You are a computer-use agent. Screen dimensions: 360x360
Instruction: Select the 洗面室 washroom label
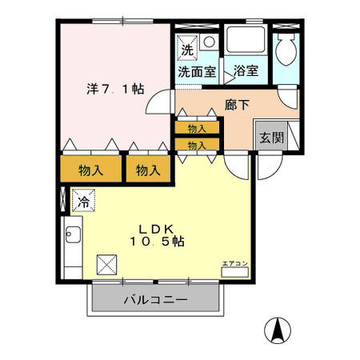pyautogui.click(x=196, y=71)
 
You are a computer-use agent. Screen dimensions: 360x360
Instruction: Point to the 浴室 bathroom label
pyautogui.click(x=246, y=71)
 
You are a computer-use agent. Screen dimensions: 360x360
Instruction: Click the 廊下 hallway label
pyautogui.click(x=237, y=104)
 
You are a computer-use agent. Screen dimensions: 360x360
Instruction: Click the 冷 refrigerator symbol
pyautogui.click(x=82, y=201)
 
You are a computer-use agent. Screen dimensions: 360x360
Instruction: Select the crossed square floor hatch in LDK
pyautogui.click(x=106, y=264)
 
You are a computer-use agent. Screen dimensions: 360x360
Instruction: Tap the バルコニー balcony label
pyautogui.click(x=155, y=301)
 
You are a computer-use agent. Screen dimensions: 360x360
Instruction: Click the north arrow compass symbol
pyautogui.click(x=277, y=329)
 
